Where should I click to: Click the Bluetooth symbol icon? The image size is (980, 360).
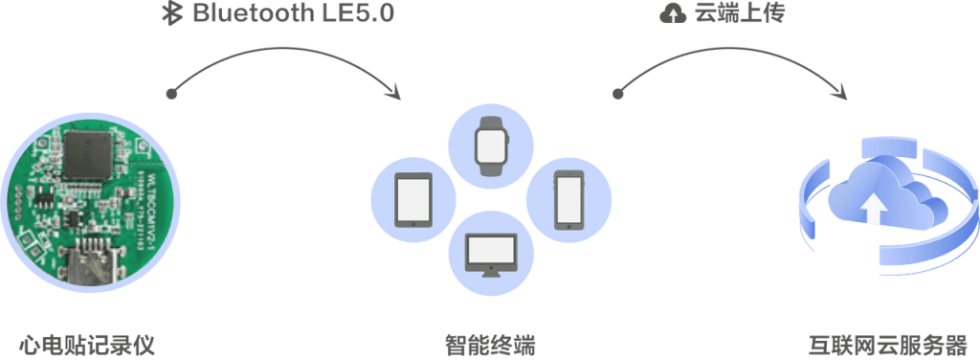(x=175, y=15)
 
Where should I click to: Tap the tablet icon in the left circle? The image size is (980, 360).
(x=412, y=198)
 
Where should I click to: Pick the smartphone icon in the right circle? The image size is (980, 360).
(x=568, y=198)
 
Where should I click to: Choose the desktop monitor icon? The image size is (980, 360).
(x=490, y=254)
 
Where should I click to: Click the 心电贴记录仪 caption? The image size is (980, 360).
(x=87, y=343)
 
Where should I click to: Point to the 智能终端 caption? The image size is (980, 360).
(x=489, y=343)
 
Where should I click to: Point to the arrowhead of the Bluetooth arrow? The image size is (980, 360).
(x=392, y=93)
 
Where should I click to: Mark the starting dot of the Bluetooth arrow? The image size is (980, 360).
(x=171, y=95)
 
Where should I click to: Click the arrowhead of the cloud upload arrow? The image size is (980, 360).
(x=841, y=94)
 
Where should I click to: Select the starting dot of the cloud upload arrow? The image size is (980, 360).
(x=617, y=93)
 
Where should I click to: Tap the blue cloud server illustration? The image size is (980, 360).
(x=880, y=201)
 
